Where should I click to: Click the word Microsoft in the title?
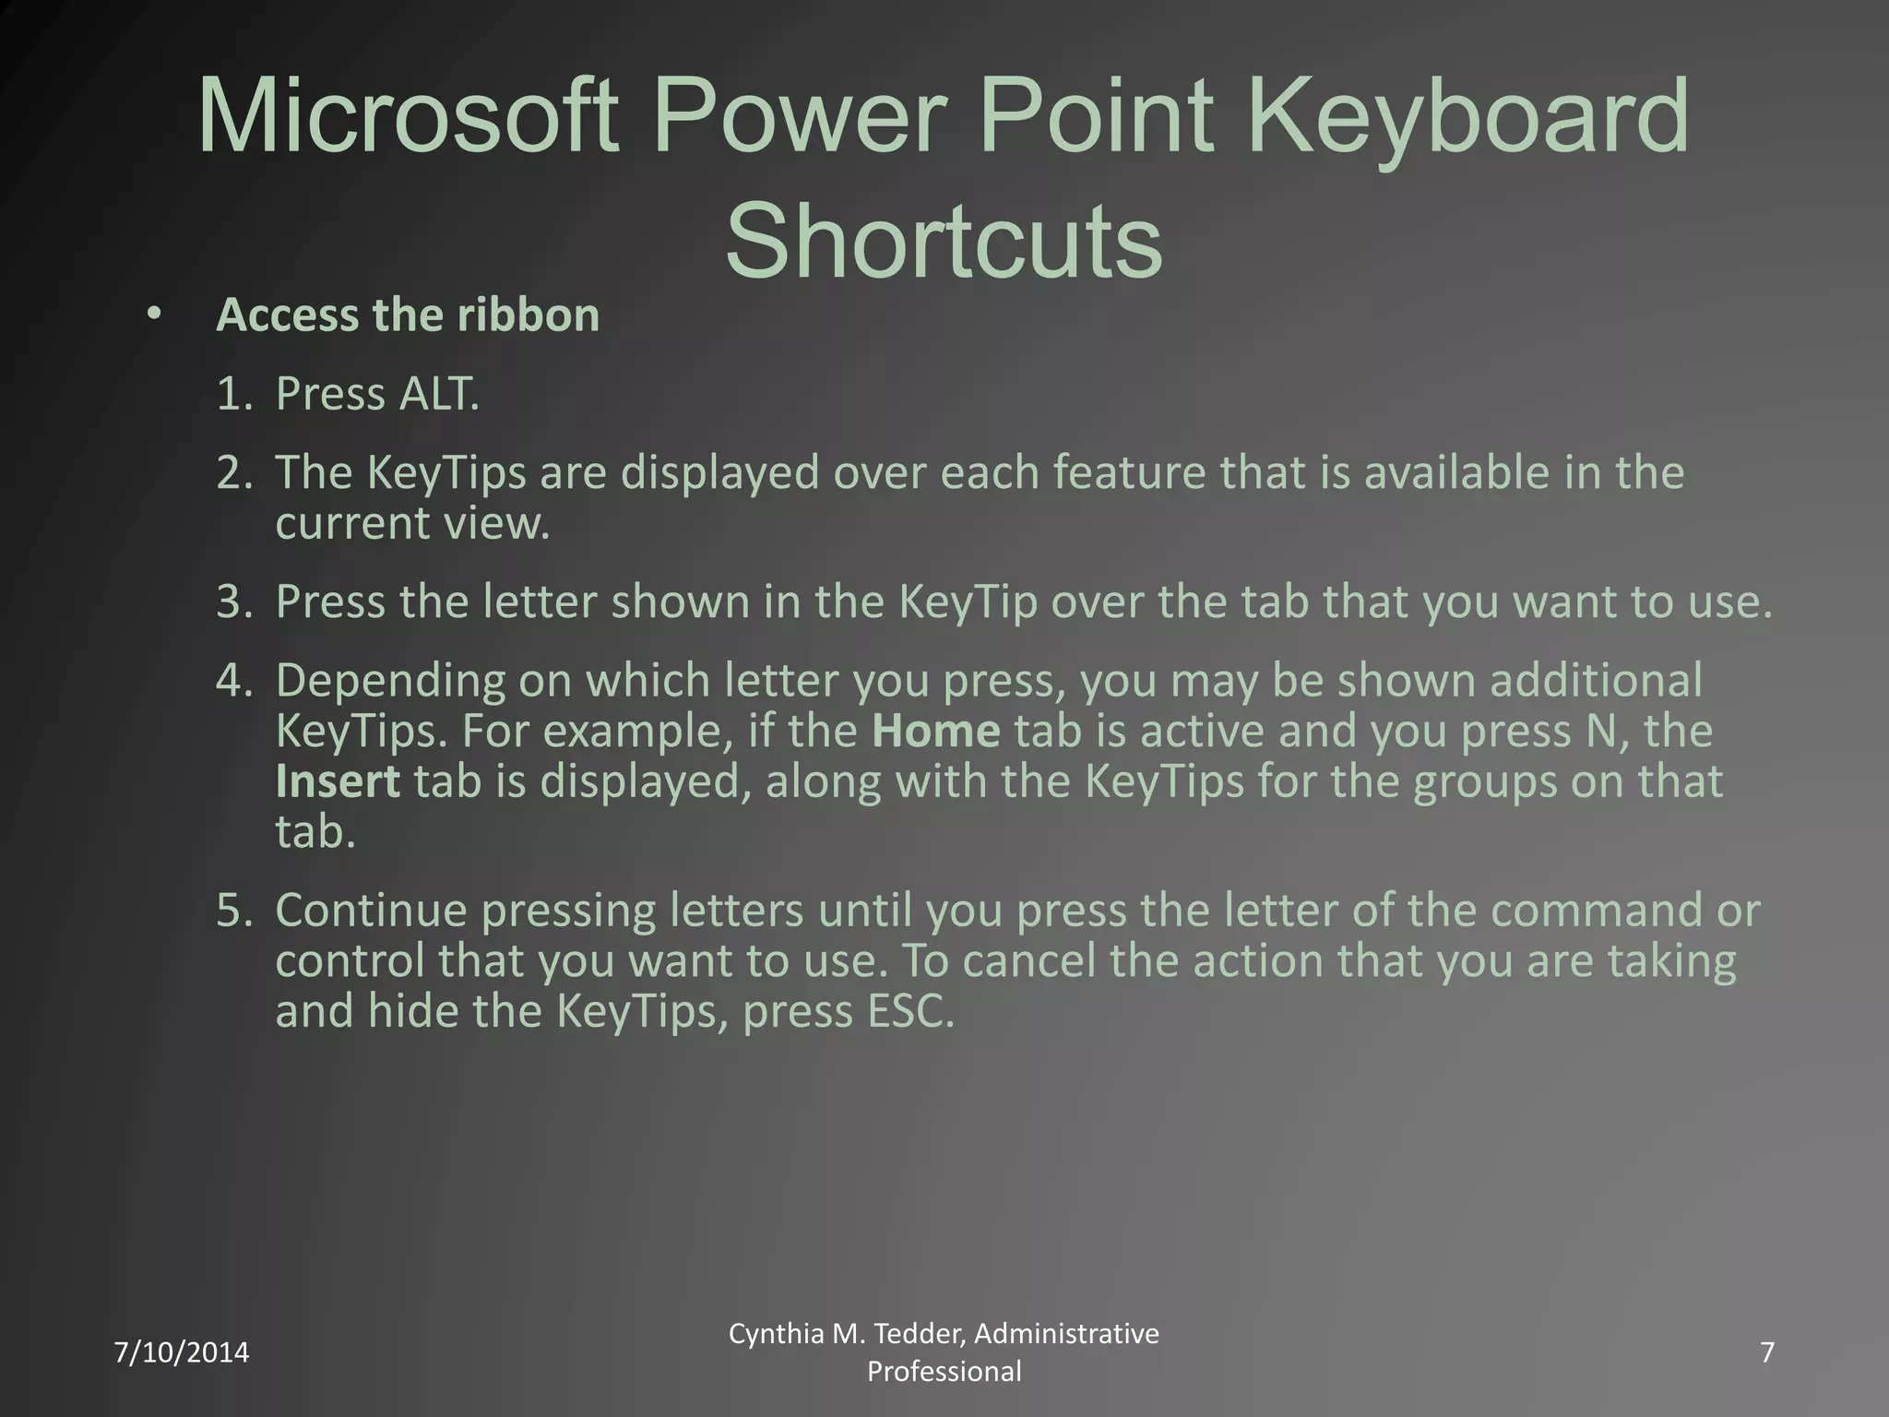(407, 118)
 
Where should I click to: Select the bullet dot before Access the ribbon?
(153, 315)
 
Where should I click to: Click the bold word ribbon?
(528, 315)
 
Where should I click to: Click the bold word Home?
(935, 731)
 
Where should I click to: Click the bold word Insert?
(338, 781)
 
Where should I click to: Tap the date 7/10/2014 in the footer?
(182, 1352)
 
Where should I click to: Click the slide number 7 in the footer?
(1767, 1352)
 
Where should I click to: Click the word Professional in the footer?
(944, 1372)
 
